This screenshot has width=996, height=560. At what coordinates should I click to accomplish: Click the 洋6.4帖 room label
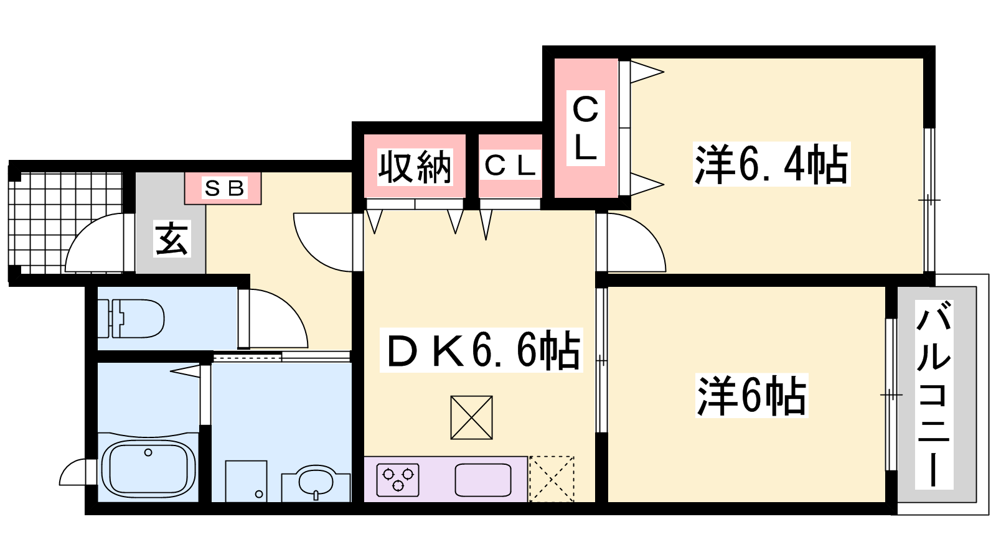point(771,164)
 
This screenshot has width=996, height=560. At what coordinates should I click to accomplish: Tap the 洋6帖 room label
point(751,396)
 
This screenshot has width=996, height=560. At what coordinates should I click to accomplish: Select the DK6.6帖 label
point(481,350)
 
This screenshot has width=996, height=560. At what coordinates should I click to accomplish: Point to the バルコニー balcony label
point(934,394)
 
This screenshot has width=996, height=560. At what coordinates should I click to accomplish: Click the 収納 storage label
point(415,167)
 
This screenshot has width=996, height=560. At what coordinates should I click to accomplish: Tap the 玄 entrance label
point(172,239)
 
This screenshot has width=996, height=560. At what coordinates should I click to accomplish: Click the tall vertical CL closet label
point(585,128)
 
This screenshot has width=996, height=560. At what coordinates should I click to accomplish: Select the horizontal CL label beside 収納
point(510,166)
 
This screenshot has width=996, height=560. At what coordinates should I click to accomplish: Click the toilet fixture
point(131,319)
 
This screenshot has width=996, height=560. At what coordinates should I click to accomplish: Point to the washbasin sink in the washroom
point(316,483)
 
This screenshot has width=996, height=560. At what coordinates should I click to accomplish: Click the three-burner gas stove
point(398,480)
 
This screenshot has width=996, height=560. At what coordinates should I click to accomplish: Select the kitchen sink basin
point(483,480)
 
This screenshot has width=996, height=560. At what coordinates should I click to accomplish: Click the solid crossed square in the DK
point(471,418)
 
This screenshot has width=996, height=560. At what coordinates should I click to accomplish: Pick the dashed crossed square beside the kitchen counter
point(552,479)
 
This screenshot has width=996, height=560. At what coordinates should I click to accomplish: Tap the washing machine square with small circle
point(246,482)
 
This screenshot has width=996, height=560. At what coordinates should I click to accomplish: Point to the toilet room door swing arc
point(274,318)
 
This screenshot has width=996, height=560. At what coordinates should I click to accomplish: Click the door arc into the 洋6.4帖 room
point(636,243)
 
